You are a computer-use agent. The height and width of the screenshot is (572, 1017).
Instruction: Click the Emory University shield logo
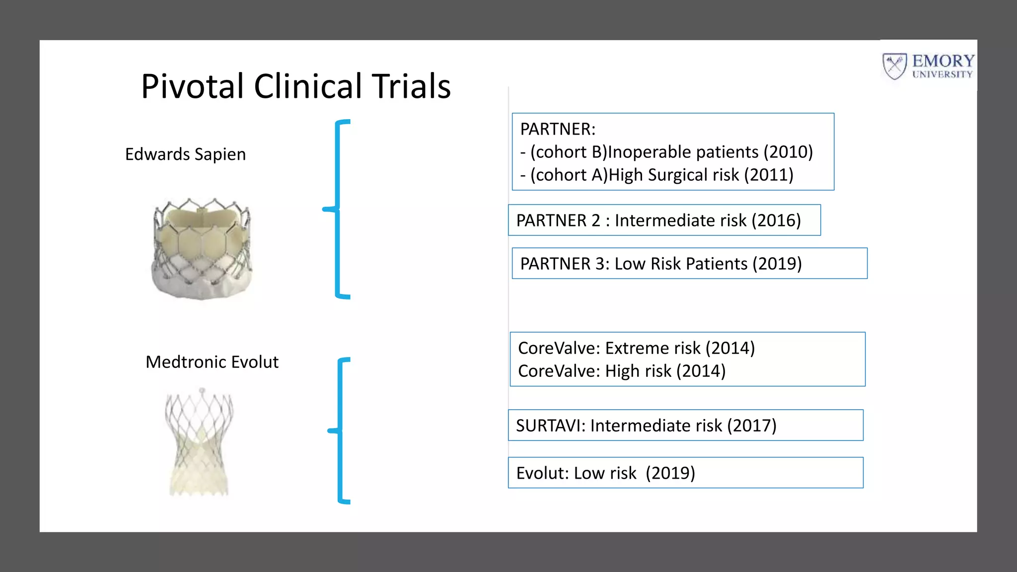pyautogui.click(x=895, y=66)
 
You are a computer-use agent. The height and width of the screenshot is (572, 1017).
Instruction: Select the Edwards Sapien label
pyautogui.click(x=185, y=154)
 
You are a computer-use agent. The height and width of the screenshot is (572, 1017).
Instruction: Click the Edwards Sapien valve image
pyautogui.click(x=202, y=248)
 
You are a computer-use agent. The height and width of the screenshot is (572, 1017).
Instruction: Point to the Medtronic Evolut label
pyautogui.click(x=212, y=362)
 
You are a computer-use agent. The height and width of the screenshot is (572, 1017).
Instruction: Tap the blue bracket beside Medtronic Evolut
pyautogui.click(x=341, y=430)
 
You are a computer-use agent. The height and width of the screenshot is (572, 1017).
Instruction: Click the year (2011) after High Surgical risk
pyautogui.click(x=769, y=175)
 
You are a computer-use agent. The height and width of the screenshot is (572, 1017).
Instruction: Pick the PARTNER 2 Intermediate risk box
pyautogui.click(x=664, y=220)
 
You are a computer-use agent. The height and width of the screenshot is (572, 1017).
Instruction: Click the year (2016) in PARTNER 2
pyautogui.click(x=776, y=220)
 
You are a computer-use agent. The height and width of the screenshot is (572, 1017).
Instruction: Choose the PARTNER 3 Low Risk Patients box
pyautogui.click(x=689, y=263)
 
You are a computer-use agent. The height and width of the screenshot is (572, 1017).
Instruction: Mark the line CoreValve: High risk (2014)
pyautogui.click(x=622, y=371)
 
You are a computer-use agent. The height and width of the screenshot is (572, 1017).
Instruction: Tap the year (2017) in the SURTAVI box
pyautogui.click(x=752, y=426)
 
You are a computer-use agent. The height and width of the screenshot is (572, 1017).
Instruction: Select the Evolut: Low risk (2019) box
pyautogui.click(x=685, y=473)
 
